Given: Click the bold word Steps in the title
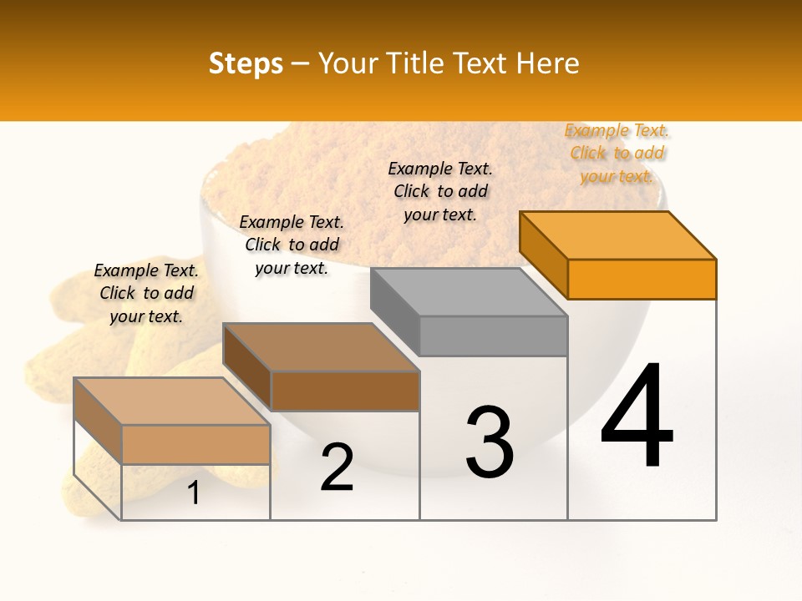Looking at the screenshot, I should [x=246, y=63].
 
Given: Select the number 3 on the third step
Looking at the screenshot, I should [x=489, y=442].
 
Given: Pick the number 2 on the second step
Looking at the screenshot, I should [x=337, y=467].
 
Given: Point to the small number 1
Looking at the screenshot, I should [x=194, y=492].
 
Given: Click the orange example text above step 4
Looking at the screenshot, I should [x=617, y=153].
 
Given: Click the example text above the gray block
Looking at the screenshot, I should [x=440, y=191].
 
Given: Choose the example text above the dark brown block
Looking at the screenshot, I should [x=292, y=245].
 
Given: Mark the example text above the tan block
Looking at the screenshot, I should [x=146, y=293].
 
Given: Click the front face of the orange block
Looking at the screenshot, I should [x=642, y=279].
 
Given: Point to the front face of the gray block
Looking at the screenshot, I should [x=493, y=336].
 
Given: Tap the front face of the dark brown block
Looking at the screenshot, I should [x=344, y=391].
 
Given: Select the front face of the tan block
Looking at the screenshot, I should [x=195, y=444].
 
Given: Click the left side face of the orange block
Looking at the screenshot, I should [x=544, y=255].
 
